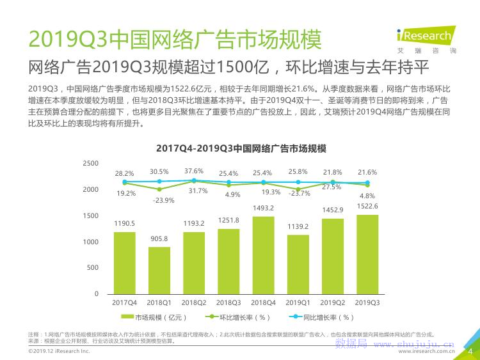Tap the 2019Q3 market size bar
point(367,254)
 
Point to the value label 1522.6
point(368,206)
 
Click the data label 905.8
point(159,239)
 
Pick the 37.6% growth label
point(194,171)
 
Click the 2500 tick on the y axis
point(91,164)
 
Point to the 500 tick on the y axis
point(93,268)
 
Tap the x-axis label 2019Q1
point(298,302)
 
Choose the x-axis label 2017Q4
point(125,302)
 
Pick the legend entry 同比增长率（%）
point(323,317)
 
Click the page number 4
point(471,350)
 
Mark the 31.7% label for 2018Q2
point(198,191)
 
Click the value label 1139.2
point(298,226)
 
